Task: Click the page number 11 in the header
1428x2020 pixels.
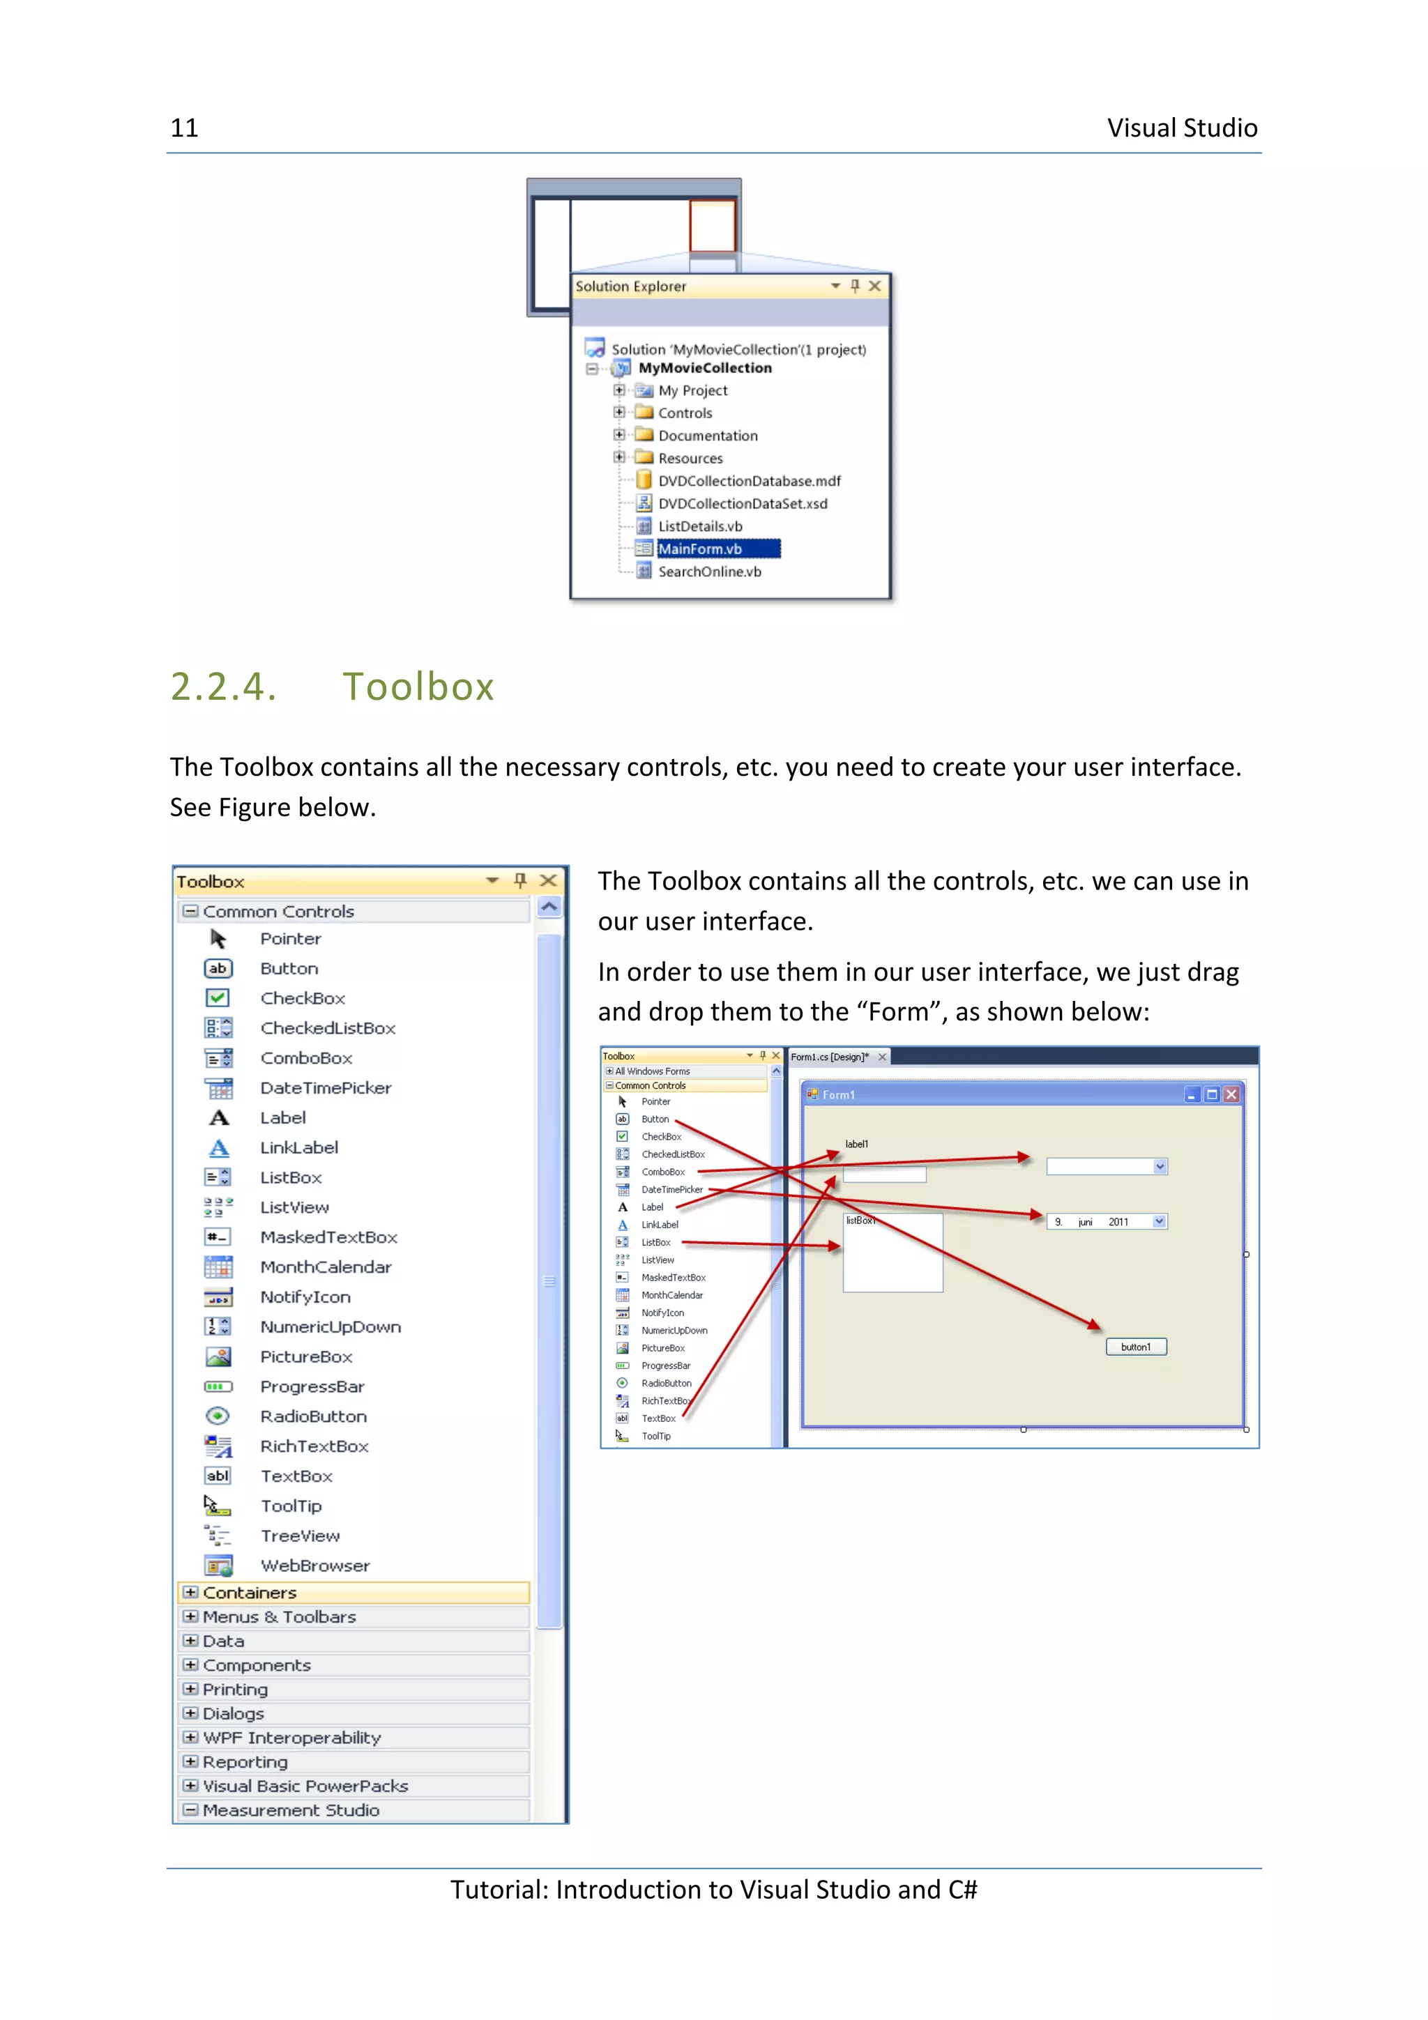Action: point(184,128)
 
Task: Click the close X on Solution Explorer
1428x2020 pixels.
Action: point(874,286)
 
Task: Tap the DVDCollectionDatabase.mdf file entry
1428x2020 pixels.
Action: point(749,481)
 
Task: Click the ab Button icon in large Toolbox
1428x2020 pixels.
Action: point(218,969)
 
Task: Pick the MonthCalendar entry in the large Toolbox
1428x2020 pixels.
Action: point(325,1267)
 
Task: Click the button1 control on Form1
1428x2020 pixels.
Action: point(1135,1347)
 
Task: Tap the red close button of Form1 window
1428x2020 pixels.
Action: point(1231,1094)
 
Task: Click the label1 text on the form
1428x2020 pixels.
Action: point(856,1144)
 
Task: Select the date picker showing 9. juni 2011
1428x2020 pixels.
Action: point(1105,1222)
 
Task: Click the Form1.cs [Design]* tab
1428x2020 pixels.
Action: point(829,1057)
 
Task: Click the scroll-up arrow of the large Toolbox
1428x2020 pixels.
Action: point(549,907)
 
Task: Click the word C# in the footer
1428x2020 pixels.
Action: point(962,1890)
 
